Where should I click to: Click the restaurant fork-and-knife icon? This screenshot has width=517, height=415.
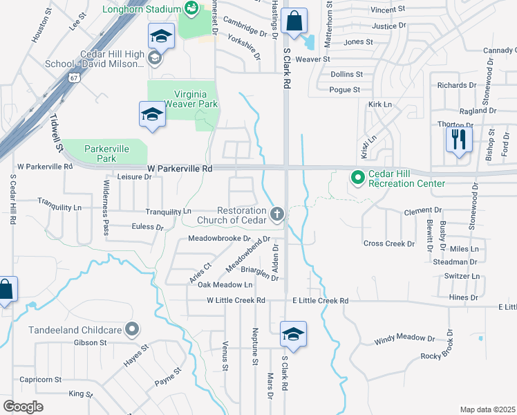click(458, 140)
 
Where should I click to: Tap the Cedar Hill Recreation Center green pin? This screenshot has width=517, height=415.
click(357, 178)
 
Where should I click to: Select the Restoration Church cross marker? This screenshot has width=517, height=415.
click(276, 214)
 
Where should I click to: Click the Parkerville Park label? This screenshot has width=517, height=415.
click(107, 153)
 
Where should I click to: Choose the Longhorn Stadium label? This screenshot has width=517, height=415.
click(138, 10)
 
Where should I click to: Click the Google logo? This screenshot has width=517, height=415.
click(23, 407)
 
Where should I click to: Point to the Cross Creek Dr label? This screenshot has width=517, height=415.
click(389, 243)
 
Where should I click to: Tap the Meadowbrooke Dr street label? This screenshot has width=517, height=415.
click(218, 239)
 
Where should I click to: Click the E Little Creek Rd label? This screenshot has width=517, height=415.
click(320, 301)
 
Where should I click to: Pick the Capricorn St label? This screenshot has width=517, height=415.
click(41, 380)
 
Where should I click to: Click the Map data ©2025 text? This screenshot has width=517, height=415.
click(487, 409)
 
